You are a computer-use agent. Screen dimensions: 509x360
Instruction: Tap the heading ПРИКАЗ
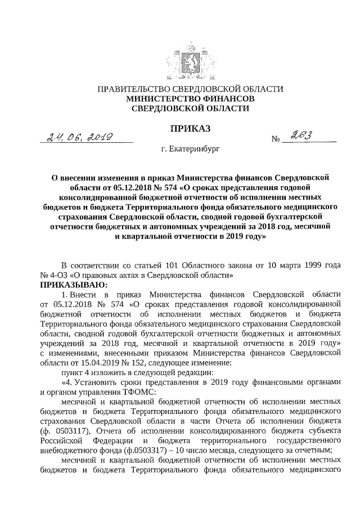pos(190,129)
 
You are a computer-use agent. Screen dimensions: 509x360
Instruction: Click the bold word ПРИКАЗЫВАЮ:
pos(67,285)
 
